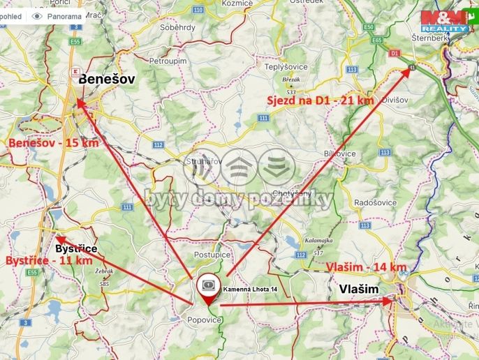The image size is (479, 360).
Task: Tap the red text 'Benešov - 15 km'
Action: click(53, 142)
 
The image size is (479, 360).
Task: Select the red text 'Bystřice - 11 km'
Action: click(49, 260)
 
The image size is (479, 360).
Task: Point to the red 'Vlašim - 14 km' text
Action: click(367, 267)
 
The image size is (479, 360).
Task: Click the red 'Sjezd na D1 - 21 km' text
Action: click(320, 100)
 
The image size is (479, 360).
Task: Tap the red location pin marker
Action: click(208, 286)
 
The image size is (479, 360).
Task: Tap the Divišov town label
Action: click(395, 100)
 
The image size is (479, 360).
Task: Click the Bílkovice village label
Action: click(340, 153)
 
